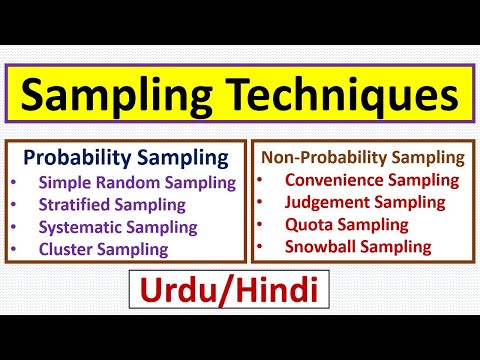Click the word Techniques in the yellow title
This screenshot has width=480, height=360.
click(x=341, y=96)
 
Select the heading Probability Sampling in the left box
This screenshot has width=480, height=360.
click(x=125, y=158)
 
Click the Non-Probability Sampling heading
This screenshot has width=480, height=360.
click(x=362, y=157)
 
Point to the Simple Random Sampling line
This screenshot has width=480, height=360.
click(x=137, y=182)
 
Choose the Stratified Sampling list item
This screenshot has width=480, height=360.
click(x=112, y=204)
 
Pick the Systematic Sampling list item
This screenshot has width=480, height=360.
click(x=118, y=227)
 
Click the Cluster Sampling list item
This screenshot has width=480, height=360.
click(x=103, y=249)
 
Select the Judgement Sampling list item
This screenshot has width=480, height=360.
click(x=364, y=202)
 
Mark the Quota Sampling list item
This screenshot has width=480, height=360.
click(x=345, y=224)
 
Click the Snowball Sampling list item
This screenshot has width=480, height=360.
click(x=358, y=246)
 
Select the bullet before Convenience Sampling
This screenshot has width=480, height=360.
click(x=262, y=181)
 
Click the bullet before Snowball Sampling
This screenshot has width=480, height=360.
click(x=262, y=247)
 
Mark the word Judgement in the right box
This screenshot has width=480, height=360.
click(x=327, y=202)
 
